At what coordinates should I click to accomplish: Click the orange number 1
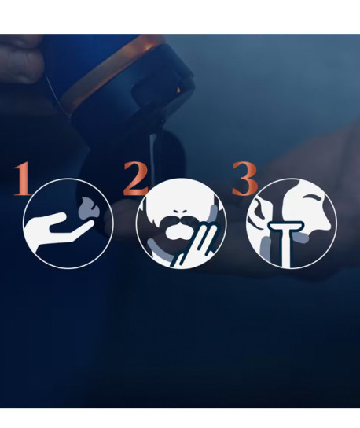(23, 179)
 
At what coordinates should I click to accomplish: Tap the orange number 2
(136, 179)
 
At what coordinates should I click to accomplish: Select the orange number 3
(244, 179)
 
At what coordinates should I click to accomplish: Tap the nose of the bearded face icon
(180, 212)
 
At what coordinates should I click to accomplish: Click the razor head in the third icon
(286, 227)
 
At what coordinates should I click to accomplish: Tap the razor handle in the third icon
(286, 249)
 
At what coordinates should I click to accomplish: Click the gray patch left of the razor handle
(266, 248)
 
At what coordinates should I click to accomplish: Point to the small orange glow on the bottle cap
(178, 90)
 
